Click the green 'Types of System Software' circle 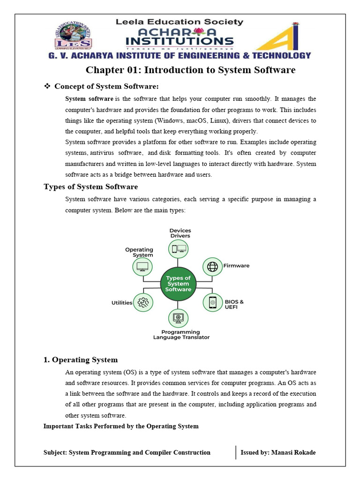178,284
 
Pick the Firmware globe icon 212,266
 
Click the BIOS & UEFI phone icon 212,302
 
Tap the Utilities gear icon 143,302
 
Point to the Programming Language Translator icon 179,318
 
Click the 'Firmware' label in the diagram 236,266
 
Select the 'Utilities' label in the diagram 122,303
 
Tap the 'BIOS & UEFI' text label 234,304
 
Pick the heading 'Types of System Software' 90,187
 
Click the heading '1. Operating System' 80,360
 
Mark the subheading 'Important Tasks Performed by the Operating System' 121,426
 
